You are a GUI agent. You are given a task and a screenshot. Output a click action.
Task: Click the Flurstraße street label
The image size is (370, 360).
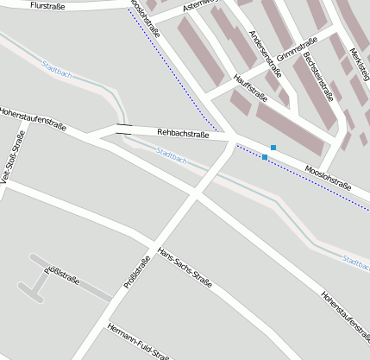point(47,5)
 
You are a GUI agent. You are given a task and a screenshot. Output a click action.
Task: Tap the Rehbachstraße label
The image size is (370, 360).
point(183,134)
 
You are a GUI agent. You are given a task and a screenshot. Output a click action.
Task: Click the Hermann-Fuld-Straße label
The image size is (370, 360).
point(138,342)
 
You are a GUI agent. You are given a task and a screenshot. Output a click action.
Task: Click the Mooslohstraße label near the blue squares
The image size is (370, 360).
point(328,178)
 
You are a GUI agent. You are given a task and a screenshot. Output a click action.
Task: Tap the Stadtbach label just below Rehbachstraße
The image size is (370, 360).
point(171,155)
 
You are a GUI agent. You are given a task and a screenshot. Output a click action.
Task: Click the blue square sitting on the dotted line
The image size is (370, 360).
point(264,157)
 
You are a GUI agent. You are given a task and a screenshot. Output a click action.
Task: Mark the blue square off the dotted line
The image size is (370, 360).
point(273,148)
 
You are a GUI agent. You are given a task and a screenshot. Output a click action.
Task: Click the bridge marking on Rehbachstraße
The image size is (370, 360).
point(124,130)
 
